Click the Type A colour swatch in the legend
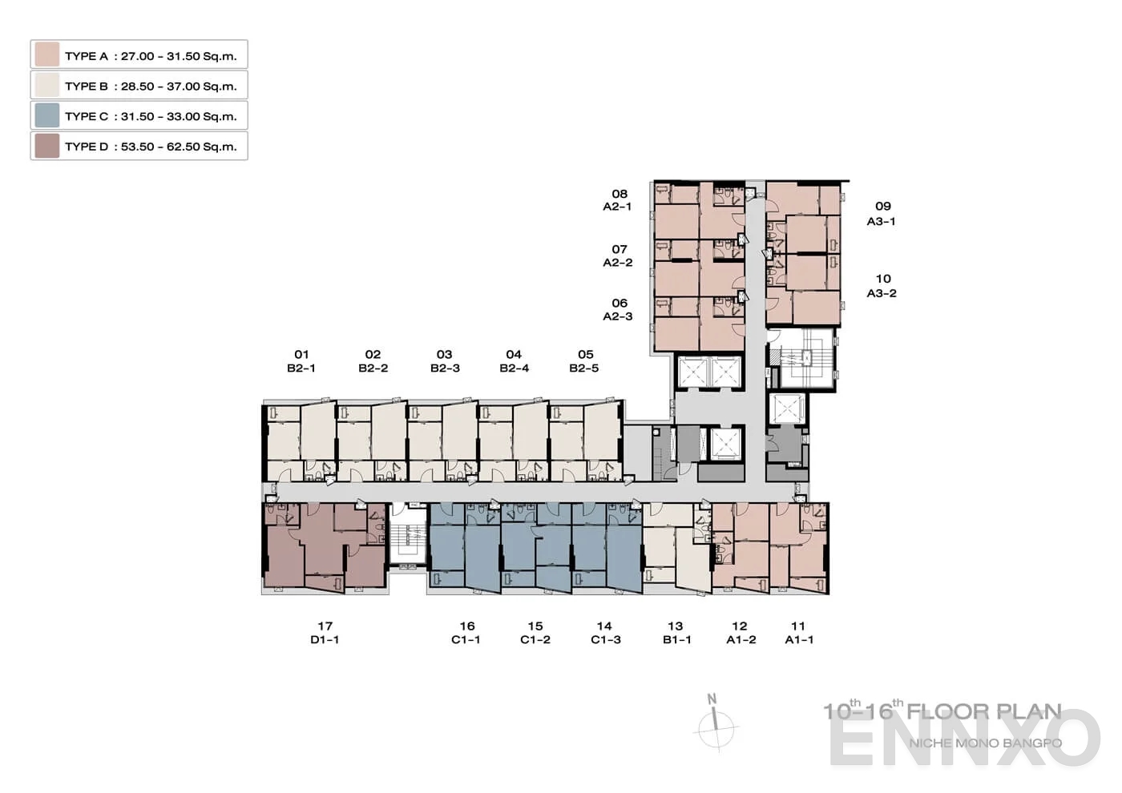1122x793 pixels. tap(47, 55)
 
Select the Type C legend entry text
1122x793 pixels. tap(151, 116)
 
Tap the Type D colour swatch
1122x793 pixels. tap(47, 146)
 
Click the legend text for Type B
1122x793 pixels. tap(151, 86)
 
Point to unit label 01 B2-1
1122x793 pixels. tap(301, 361)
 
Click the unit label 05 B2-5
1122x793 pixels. tap(584, 361)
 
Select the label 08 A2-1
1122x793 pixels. tap(618, 199)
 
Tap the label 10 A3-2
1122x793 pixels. tap(882, 286)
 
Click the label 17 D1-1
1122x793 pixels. tap(325, 633)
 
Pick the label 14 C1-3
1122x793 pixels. tap(605, 633)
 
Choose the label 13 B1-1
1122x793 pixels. tap(676, 633)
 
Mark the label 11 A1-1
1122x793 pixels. tap(798, 633)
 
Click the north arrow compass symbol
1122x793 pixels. tap(716, 725)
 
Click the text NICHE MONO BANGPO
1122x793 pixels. tap(985, 743)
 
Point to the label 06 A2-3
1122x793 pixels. tap(618, 309)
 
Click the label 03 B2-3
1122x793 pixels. tap(445, 361)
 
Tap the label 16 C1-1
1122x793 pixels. tap(466, 633)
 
